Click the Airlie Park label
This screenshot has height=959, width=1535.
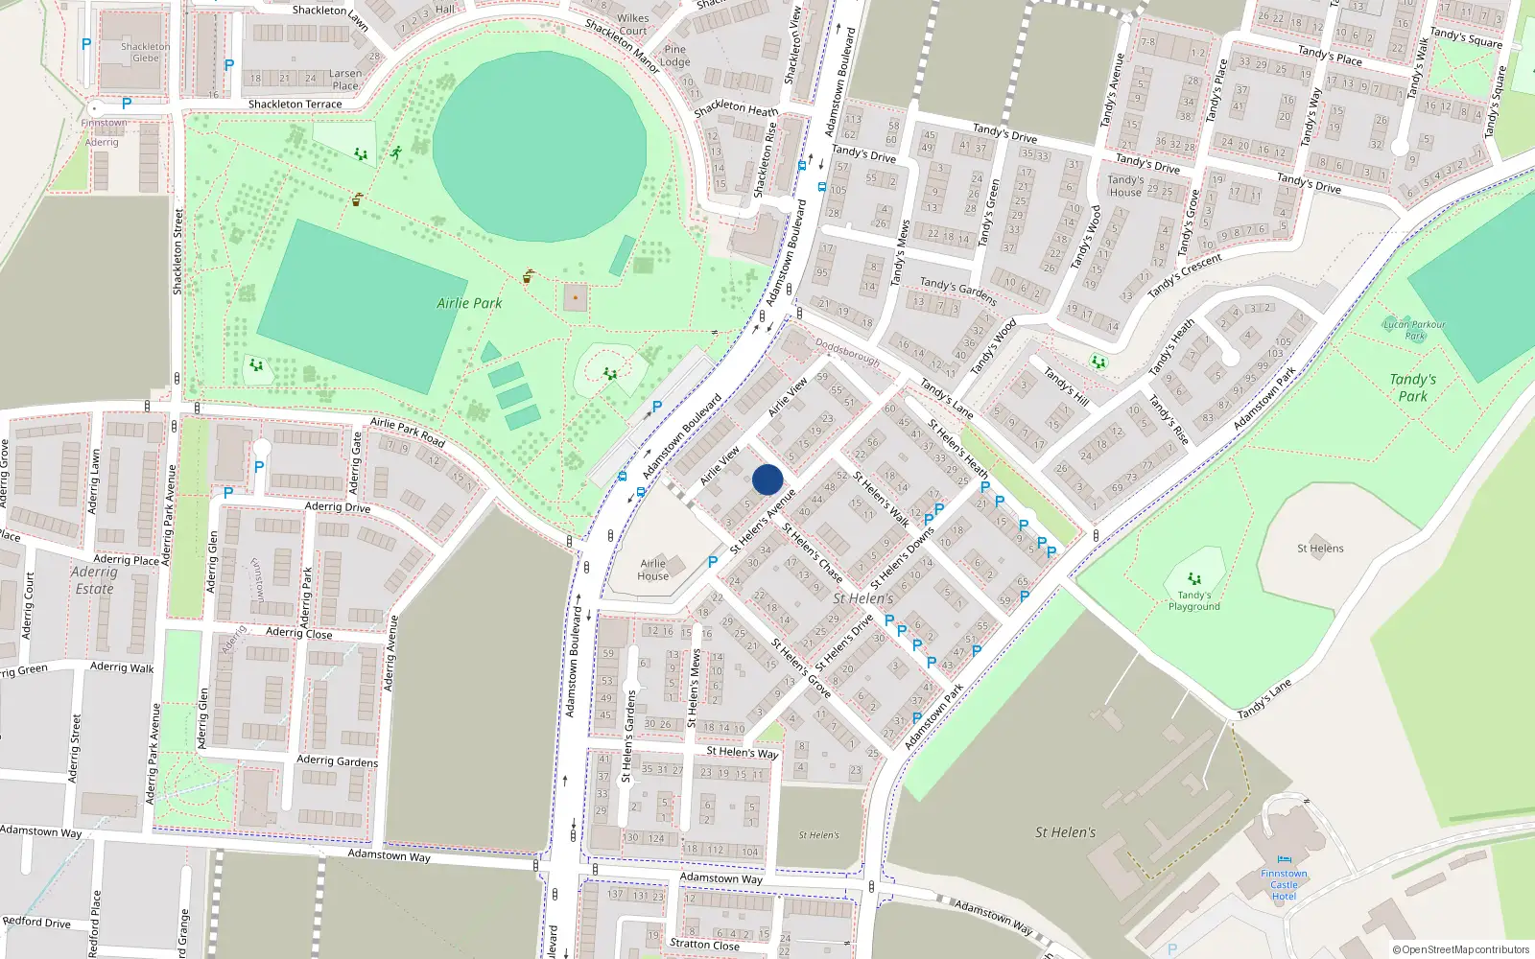coord(469,303)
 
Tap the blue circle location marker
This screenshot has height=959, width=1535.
coord(767,479)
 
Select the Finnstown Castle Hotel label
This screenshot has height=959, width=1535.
coord(1284,885)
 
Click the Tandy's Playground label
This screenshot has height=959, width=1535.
coord(1194,600)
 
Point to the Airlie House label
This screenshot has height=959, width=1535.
coord(652,570)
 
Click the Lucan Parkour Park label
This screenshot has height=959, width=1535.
coord(1414,330)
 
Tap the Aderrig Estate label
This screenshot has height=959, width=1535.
coord(94,580)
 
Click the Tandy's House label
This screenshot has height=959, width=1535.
coord(1125,185)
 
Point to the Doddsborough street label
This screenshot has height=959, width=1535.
coord(847,352)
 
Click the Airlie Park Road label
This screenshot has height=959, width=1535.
coord(408,433)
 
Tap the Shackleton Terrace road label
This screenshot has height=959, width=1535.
coord(295,105)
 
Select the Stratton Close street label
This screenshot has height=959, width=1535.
coord(704,945)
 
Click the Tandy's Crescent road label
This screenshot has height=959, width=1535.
coord(1185,274)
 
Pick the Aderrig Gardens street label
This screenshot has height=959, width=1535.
coord(337,760)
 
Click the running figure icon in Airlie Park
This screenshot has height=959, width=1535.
coord(395,152)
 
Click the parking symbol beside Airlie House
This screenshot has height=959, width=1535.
coord(712,562)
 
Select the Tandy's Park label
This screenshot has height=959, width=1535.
coord(1412,387)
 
